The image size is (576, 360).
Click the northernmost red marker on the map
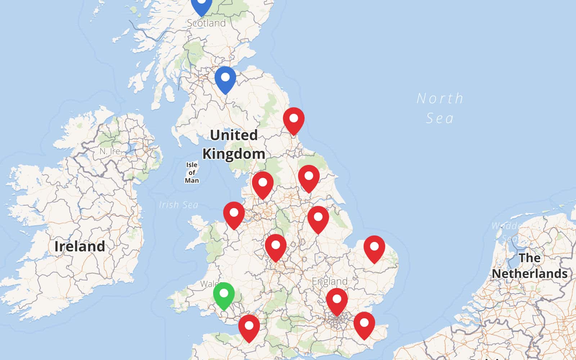294,119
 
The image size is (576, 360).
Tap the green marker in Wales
224,294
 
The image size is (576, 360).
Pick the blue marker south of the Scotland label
225,78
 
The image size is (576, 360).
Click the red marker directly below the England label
337,300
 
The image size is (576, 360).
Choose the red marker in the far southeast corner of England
364,324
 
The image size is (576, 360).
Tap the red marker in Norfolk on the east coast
374,248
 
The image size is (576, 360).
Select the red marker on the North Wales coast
234,214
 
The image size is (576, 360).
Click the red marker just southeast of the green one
249,327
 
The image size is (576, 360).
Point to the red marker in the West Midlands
276,246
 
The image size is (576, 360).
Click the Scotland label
206,23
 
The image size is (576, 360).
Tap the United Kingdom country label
234,144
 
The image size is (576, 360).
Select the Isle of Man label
192,173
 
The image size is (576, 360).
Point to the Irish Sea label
179,205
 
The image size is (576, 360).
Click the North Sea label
440,108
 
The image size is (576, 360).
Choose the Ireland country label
80,247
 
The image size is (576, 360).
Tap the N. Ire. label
110,151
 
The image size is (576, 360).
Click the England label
330,282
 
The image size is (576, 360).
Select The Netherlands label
530,266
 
